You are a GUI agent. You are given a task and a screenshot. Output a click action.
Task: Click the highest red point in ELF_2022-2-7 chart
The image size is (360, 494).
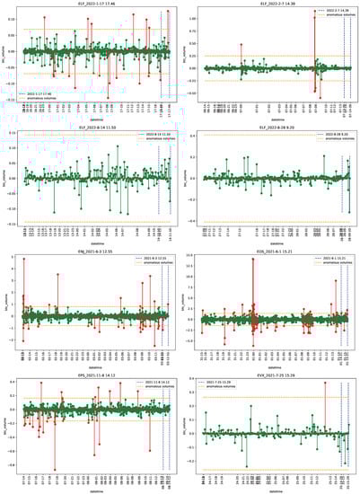(x=315, y=15)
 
